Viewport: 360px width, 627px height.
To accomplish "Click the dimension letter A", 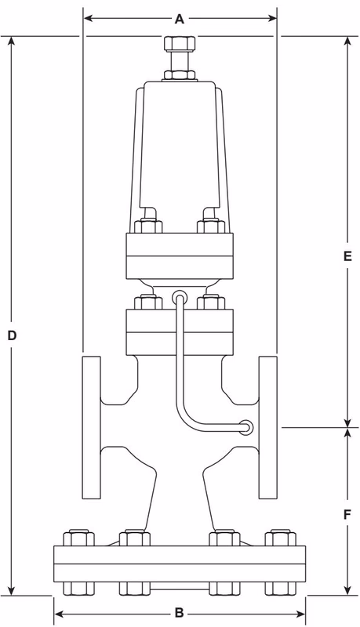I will (179, 18).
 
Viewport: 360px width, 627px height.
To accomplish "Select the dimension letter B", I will (179, 611).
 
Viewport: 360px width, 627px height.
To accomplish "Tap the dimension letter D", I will (12, 335).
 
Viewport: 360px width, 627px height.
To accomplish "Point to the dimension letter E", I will (348, 256).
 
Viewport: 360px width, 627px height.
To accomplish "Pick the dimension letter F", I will (348, 516).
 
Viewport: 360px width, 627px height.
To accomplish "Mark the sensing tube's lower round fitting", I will (246, 427).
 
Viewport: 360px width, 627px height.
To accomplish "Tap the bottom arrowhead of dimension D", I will (12, 592).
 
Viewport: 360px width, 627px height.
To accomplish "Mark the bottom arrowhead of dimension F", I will (348, 592).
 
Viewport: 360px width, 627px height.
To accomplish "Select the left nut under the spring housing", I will (145, 227).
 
